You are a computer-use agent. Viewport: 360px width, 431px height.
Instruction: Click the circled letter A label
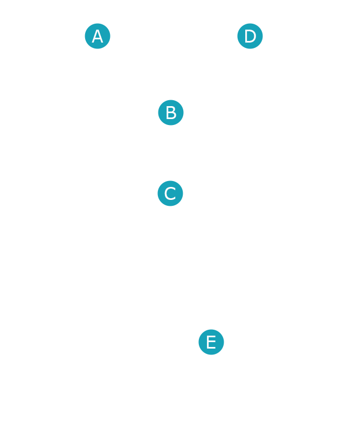tap(97, 37)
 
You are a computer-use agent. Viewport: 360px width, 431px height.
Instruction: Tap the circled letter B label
tap(170, 113)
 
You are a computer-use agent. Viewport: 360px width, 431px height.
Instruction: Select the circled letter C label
tap(170, 193)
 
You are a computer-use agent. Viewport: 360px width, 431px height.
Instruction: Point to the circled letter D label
tap(250, 37)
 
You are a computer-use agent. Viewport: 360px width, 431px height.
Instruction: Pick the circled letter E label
tap(211, 342)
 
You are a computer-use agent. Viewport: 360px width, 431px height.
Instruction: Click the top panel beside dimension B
tap(94, 114)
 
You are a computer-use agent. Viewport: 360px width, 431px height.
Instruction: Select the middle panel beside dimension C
tap(94, 193)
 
